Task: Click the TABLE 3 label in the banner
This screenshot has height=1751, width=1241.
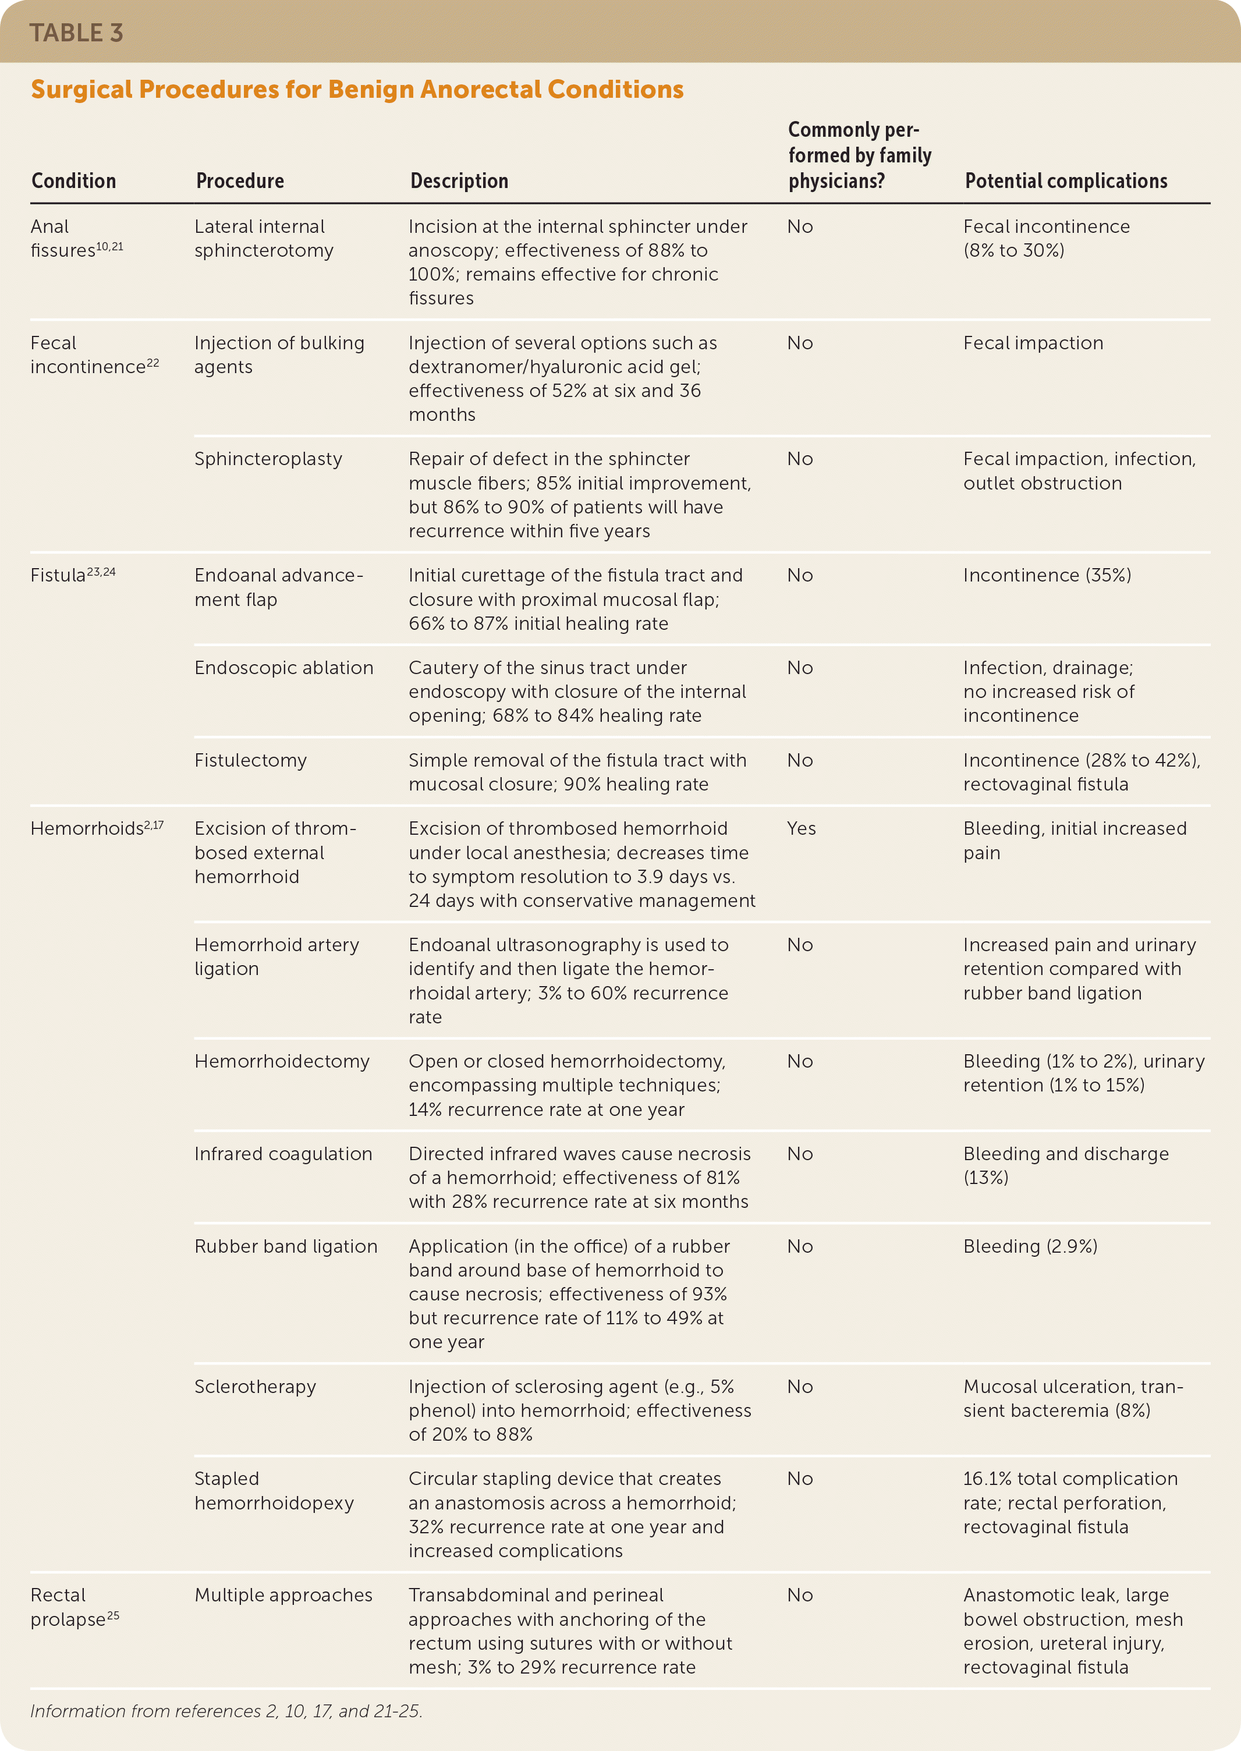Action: (x=76, y=33)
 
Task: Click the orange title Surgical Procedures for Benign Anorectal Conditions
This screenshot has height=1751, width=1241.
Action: (x=357, y=90)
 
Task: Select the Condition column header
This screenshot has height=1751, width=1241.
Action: (x=73, y=181)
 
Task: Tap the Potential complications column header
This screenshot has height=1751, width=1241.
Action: (x=1065, y=181)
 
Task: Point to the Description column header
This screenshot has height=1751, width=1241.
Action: (x=459, y=181)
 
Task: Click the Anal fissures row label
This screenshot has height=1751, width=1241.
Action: (x=76, y=239)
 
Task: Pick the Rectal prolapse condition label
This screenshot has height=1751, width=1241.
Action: (x=74, y=1607)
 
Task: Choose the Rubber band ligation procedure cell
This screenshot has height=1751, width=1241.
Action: (x=285, y=1246)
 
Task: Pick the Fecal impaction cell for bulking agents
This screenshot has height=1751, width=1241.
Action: (x=1033, y=343)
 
